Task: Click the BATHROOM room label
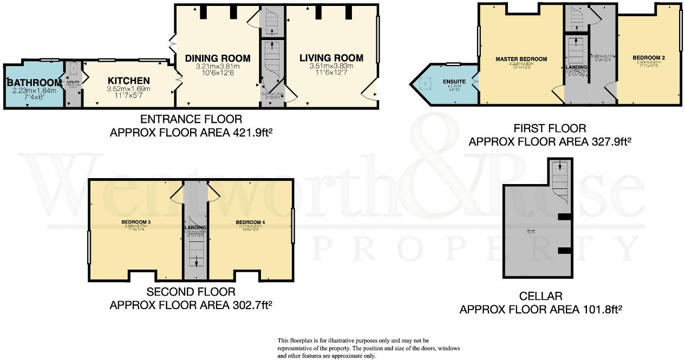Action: tap(31, 82)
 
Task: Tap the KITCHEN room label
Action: tap(128, 80)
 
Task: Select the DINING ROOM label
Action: tap(218, 58)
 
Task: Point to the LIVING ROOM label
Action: tap(331, 57)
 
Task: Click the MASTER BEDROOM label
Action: tap(521, 59)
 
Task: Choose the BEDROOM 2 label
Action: tap(648, 57)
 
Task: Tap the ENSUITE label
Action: tap(454, 82)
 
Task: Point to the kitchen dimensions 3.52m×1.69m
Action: tap(128, 89)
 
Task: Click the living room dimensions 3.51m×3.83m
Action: tap(331, 67)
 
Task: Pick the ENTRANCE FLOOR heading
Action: tap(191, 119)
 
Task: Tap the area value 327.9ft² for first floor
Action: tap(610, 142)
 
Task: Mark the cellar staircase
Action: tap(559, 181)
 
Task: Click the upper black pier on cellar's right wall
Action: tap(565, 217)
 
